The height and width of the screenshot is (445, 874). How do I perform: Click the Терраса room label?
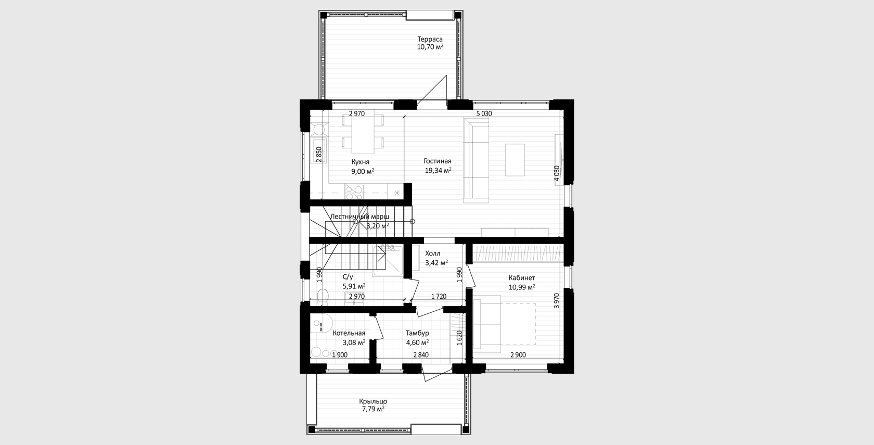[x=430, y=39]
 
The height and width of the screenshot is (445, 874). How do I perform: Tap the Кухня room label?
[x=360, y=161]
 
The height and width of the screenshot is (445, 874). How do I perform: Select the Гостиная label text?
[x=438, y=161]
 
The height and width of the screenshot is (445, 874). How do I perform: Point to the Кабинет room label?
[x=522, y=278]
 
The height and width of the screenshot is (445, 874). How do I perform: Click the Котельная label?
[x=349, y=333]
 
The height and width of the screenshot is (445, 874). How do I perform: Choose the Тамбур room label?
[x=417, y=333]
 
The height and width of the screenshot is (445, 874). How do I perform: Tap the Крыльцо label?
[x=373, y=401]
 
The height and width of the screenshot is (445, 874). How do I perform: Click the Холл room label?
[x=433, y=253]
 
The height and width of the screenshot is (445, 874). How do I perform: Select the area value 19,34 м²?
[x=438, y=170]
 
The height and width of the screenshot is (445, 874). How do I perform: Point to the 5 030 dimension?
[x=484, y=113]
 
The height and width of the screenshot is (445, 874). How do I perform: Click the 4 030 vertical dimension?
[x=557, y=173]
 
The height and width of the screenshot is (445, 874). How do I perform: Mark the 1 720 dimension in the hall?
[x=439, y=296]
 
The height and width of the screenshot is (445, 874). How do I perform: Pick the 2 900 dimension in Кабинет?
[x=518, y=355]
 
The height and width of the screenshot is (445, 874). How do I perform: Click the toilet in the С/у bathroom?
[x=323, y=296]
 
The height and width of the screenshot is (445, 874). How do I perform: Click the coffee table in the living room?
[x=515, y=160]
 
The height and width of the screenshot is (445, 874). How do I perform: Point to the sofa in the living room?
[x=476, y=160]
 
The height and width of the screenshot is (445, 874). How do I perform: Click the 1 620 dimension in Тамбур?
[x=459, y=338]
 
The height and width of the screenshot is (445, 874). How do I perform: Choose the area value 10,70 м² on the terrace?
[x=430, y=47]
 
